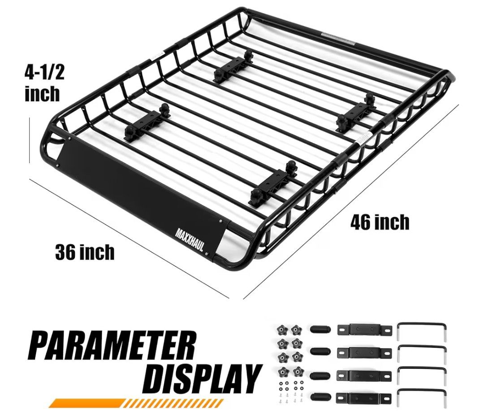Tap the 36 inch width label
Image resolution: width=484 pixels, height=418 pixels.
pyautogui.click(x=85, y=252)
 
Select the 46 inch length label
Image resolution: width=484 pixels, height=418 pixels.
pyautogui.click(x=380, y=222)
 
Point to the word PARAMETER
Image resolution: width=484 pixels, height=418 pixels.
pyautogui.click(x=113, y=345)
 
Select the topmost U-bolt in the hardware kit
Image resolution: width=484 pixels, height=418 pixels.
pyautogui.click(x=422, y=332)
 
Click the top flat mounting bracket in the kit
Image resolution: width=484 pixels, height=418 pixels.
pyautogui.click(x=364, y=330)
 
